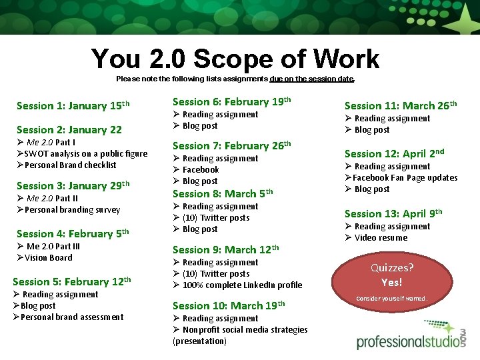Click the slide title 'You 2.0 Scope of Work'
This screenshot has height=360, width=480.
(x=235, y=59)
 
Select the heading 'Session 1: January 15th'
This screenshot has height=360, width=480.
(x=73, y=105)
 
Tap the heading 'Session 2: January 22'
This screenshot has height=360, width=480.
(x=69, y=130)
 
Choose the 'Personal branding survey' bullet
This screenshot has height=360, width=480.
(x=72, y=209)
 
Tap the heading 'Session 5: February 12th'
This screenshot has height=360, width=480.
(x=71, y=281)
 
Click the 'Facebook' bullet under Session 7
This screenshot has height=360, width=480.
(x=200, y=169)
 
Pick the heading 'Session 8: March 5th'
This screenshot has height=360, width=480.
(x=223, y=193)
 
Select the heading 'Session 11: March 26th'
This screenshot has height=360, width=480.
(x=400, y=105)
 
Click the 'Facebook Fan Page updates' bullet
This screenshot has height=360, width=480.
(x=405, y=177)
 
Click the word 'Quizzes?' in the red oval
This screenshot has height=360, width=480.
(x=392, y=268)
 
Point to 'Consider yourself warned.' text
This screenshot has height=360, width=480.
(x=392, y=298)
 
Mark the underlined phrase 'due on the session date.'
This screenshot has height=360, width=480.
(x=312, y=79)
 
